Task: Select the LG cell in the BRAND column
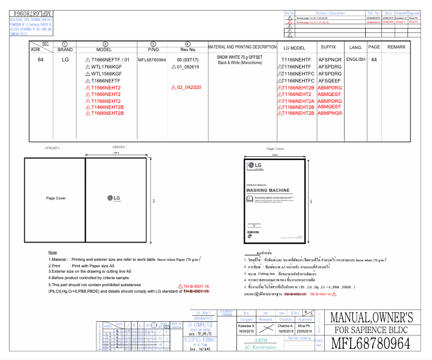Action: (x=65, y=60)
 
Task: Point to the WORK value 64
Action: (x=41, y=60)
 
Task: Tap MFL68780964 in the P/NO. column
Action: (x=152, y=60)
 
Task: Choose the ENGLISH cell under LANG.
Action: (x=356, y=59)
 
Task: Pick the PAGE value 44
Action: (x=374, y=59)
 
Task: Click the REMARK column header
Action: (x=396, y=47)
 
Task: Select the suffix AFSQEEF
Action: (x=330, y=80)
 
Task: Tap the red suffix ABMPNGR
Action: (x=330, y=113)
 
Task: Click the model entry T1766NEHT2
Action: (x=106, y=101)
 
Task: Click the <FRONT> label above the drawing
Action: (x=52, y=147)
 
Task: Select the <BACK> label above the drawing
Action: (x=119, y=147)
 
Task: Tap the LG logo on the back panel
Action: (x=114, y=198)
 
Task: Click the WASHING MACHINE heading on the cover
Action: (x=268, y=190)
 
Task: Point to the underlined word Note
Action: (x=52, y=252)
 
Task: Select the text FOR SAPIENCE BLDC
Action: (x=372, y=330)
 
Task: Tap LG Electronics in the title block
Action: (x=261, y=347)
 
